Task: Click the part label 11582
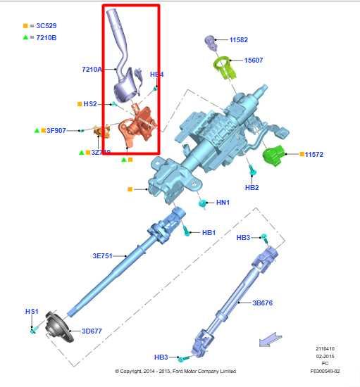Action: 238,40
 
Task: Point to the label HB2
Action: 252,188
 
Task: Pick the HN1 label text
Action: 223,203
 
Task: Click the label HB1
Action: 209,232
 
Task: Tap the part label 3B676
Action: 263,303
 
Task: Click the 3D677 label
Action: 92,331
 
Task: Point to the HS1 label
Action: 32,311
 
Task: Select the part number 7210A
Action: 92,69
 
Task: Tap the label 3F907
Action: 56,130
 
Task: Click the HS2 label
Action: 89,104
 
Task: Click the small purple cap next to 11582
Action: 209,41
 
